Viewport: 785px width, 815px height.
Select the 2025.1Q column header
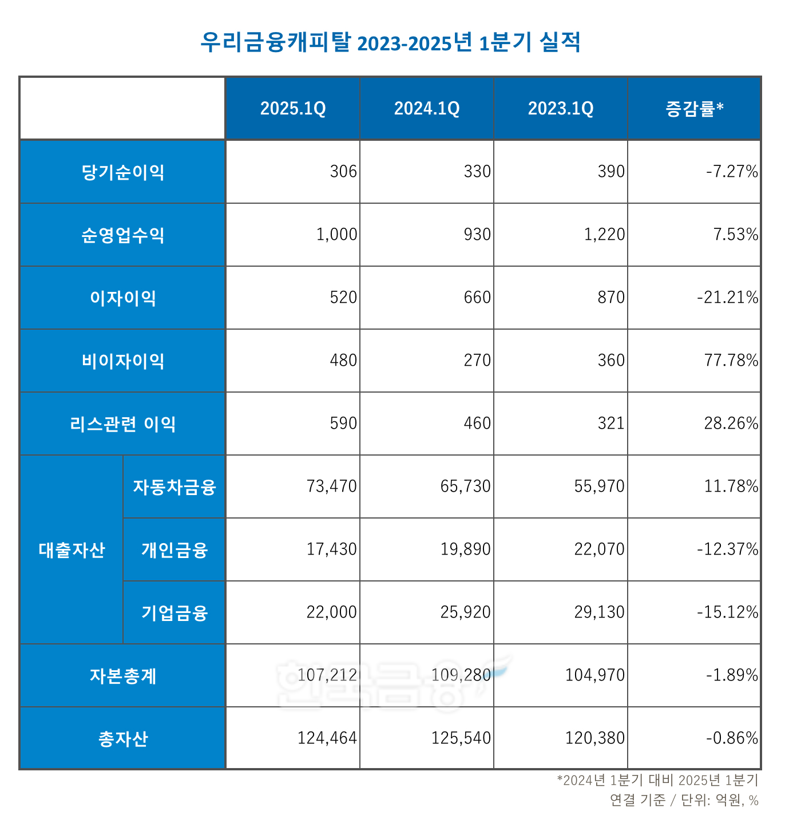293,108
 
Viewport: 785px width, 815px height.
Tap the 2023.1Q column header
561,108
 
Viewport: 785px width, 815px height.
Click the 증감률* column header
694,108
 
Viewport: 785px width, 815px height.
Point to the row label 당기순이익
123,172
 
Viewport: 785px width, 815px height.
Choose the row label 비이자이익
123,361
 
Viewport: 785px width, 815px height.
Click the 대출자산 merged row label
72,549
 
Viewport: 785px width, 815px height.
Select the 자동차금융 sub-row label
175,486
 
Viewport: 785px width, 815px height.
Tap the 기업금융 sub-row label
175,612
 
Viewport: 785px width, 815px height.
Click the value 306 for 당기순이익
343,172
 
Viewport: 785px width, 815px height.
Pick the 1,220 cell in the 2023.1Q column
604,235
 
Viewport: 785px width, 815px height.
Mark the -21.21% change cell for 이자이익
727,298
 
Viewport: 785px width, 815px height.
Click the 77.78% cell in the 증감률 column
731,361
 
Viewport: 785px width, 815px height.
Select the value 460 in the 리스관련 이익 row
477,424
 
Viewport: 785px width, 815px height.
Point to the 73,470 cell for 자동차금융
331,486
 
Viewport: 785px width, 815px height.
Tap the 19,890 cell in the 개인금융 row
465,549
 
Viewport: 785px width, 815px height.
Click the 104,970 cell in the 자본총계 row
594,675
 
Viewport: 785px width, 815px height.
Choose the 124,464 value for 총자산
327,738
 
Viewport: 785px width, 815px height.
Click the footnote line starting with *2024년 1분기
657,780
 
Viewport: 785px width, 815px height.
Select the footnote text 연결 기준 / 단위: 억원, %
684,800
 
